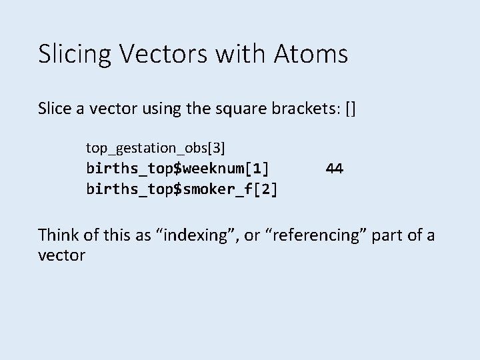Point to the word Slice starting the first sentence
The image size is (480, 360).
pos(59,109)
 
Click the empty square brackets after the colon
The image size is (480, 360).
pos(351,109)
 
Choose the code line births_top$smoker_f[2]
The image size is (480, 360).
pos(182,189)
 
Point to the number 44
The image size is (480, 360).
pos(335,169)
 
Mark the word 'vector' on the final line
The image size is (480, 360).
pos(62,255)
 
